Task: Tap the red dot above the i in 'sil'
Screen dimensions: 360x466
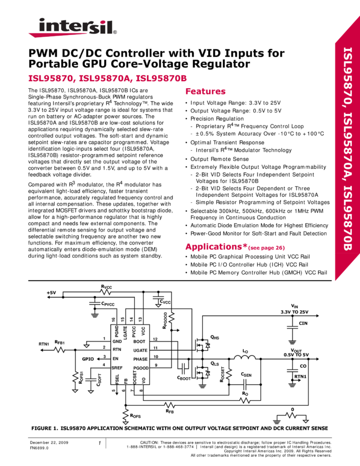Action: (x=101, y=20)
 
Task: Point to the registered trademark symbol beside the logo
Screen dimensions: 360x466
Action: (x=115, y=32)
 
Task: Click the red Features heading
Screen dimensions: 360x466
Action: (x=205, y=92)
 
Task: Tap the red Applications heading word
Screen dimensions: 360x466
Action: (x=213, y=247)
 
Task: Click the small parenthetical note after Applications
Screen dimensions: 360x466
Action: (x=267, y=248)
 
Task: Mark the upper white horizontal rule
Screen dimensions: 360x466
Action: (x=180, y=280)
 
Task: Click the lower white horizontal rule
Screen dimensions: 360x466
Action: (x=180, y=283)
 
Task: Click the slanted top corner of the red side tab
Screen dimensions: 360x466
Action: (x=346, y=30)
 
